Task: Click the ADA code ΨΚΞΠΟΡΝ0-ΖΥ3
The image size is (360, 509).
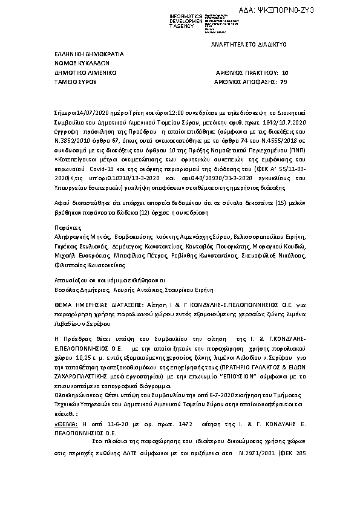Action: coord(324,10)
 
